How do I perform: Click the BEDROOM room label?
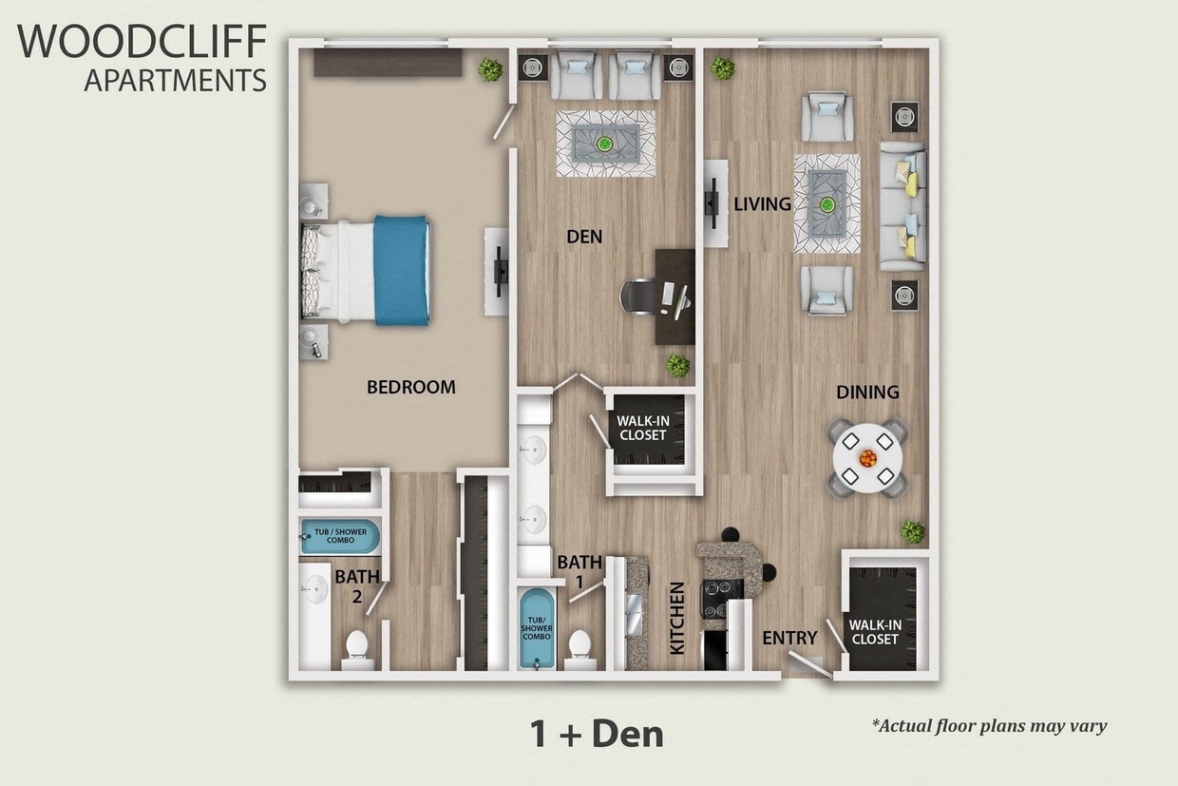pyautogui.click(x=411, y=387)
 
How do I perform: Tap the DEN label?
pyautogui.click(x=583, y=237)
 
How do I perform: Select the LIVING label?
pyautogui.click(x=762, y=204)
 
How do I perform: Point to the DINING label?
pyautogui.click(x=867, y=392)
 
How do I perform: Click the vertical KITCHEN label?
pyautogui.click(x=677, y=618)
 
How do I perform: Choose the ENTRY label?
pyautogui.click(x=789, y=638)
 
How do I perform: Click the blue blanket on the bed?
pyautogui.click(x=401, y=270)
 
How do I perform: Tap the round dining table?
pyautogui.click(x=867, y=458)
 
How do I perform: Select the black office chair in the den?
pyautogui.click(x=637, y=296)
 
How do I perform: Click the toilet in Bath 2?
pyautogui.click(x=356, y=646)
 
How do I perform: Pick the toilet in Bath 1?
pyautogui.click(x=579, y=646)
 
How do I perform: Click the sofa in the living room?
pyautogui.click(x=902, y=205)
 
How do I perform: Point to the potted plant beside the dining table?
pyautogui.click(x=912, y=532)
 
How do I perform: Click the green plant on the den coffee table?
pyautogui.click(x=604, y=144)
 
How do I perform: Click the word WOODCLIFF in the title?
pyautogui.click(x=142, y=43)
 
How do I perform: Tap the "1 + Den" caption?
pyautogui.click(x=596, y=733)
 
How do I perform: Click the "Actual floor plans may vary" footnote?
pyautogui.click(x=989, y=726)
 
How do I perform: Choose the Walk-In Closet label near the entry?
pyautogui.click(x=874, y=632)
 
